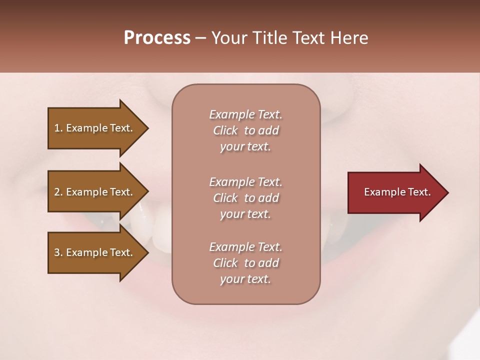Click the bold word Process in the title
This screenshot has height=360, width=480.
click(157, 38)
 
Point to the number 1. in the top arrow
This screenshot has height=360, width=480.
click(58, 128)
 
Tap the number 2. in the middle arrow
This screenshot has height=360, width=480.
click(58, 192)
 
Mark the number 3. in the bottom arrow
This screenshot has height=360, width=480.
click(58, 252)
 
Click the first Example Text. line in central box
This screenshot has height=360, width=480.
click(245, 114)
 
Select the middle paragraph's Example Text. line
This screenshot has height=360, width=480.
click(245, 182)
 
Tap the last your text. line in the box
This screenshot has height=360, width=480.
click(245, 279)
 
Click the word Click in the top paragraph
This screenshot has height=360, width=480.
click(225, 130)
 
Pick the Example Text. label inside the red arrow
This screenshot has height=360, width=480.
click(397, 192)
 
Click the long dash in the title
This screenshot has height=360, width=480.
click(200, 38)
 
